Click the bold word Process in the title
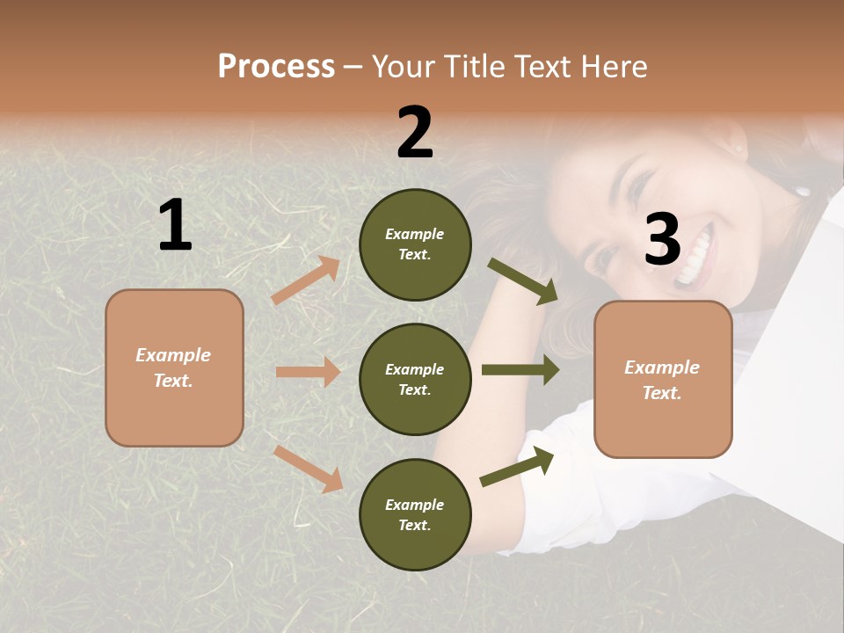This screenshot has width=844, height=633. coord(276,67)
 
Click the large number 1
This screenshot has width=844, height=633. coord(175,226)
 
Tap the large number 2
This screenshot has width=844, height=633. coord(415,133)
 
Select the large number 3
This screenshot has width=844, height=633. coord(662,240)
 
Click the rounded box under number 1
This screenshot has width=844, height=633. coord(174,367)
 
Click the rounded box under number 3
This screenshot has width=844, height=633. coord(663,380)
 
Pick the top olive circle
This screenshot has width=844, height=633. coord(415,244)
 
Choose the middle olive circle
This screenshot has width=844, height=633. coord(415,379)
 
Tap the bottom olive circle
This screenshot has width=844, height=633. coord(415,514)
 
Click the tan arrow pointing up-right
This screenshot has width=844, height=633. coord(306,280)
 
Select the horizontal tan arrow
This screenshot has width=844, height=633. coord(308,372)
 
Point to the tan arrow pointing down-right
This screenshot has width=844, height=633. coord(309,469)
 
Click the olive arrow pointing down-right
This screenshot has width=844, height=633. coord(523,281)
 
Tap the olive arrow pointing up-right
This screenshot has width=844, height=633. coord(517,466)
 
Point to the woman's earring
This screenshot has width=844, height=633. coord(802,190)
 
